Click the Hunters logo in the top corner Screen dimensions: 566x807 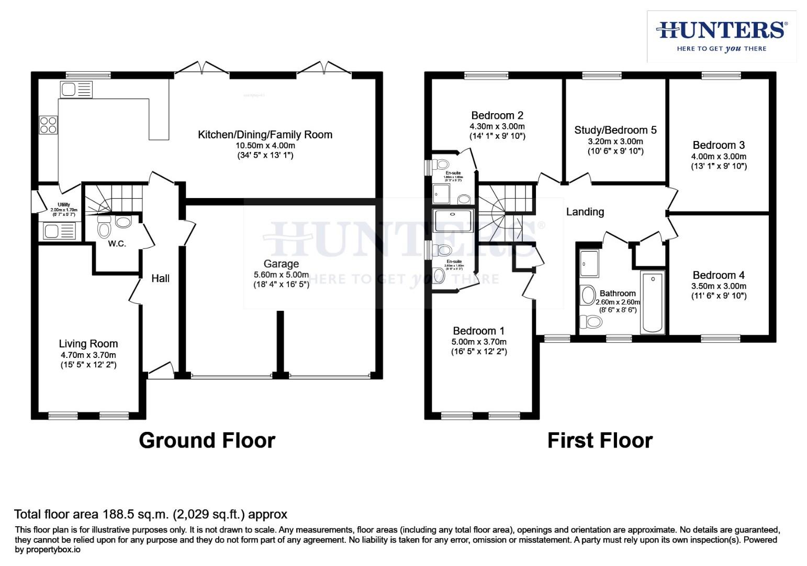721,36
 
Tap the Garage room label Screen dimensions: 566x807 281,264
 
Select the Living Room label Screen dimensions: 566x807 88,344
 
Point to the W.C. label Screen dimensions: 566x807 117,244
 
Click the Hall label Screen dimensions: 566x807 160,278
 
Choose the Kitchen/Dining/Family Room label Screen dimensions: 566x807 265,135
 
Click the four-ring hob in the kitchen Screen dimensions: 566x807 48,125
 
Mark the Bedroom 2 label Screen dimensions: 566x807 497,115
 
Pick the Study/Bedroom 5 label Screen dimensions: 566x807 615,130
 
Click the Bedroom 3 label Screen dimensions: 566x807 719,145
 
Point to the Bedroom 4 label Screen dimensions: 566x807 719,275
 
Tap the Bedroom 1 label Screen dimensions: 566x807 479,331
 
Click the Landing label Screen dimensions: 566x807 585,212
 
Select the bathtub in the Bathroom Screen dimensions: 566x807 652,302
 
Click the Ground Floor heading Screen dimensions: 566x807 207,440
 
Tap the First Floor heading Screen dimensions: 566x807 600,440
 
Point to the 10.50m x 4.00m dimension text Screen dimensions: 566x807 265,146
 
